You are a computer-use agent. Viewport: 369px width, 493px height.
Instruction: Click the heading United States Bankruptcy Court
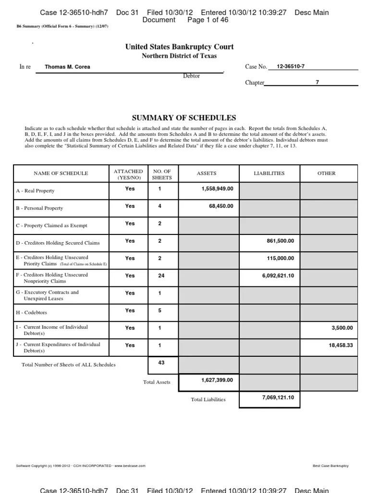click(x=179, y=47)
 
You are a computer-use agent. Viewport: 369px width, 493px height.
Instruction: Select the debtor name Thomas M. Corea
click(x=67, y=67)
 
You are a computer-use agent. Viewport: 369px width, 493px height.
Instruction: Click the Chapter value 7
click(x=317, y=82)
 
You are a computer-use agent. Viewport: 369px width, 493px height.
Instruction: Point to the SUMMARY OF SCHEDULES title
click(x=184, y=118)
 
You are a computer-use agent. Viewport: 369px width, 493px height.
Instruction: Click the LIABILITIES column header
click(x=269, y=173)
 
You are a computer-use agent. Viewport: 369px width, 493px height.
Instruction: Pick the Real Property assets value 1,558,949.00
click(x=217, y=189)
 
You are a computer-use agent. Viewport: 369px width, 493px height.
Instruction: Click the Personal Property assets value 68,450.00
click(x=221, y=206)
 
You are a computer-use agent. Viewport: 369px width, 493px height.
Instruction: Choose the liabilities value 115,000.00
click(x=280, y=259)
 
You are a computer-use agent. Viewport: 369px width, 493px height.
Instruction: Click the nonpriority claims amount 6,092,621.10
click(x=278, y=275)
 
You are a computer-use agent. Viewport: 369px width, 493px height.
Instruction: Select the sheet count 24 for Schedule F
click(x=160, y=275)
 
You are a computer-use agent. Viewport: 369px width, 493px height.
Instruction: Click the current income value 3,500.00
click(x=342, y=328)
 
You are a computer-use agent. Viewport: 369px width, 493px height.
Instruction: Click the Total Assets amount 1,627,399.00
click(x=217, y=380)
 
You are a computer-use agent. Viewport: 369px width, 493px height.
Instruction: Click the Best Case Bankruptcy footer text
click(x=330, y=466)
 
